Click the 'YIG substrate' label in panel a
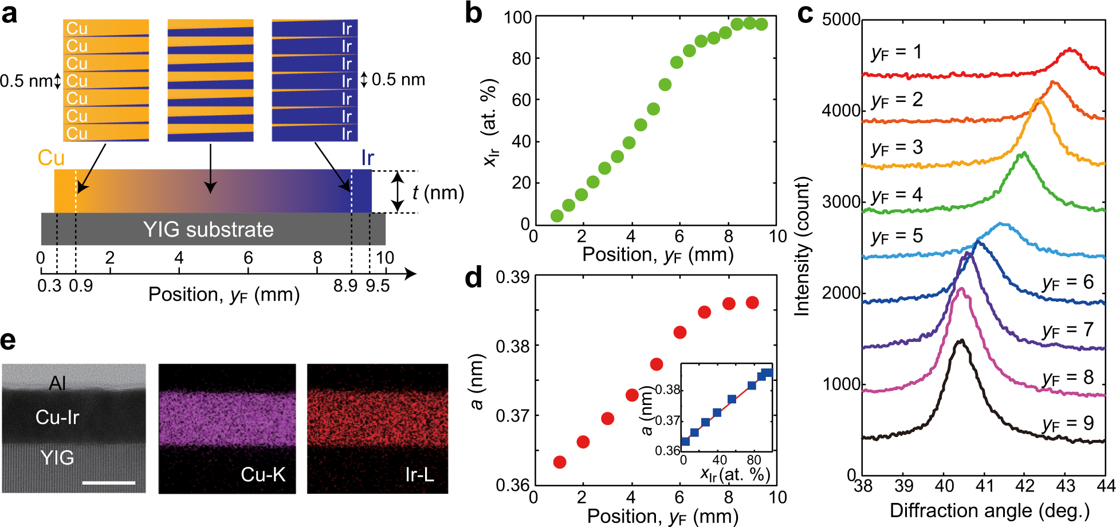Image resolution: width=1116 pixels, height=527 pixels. point(209,230)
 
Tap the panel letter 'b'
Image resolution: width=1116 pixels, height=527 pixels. point(473,13)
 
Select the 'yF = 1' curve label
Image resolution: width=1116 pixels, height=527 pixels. point(897,53)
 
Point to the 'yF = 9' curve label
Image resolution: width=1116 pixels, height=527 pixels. point(1067,424)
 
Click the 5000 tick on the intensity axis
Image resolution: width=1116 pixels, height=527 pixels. point(841,19)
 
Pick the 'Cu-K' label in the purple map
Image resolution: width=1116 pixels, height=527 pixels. point(263,474)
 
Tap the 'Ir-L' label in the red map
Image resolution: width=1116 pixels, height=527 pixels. point(419,474)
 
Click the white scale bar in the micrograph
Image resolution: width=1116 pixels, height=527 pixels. point(109,483)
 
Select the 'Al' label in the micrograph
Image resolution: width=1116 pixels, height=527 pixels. point(57,383)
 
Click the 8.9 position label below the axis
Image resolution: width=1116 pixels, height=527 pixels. point(345,285)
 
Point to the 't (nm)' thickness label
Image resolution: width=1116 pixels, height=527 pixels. point(438,192)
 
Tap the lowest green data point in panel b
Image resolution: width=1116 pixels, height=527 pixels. point(556,216)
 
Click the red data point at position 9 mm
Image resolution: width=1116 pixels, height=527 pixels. point(752,302)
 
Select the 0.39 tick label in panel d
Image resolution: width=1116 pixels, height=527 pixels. point(512,278)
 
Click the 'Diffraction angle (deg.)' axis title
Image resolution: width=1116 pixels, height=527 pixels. point(989,510)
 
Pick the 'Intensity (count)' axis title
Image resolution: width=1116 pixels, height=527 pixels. point(803,246)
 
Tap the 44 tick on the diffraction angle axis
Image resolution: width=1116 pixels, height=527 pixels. point(1106,486)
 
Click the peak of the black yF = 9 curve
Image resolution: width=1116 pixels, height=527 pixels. point(961,341)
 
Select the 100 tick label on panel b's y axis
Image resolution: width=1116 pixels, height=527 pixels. point(518,18)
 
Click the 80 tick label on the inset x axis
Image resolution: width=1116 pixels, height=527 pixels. point(753,460)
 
